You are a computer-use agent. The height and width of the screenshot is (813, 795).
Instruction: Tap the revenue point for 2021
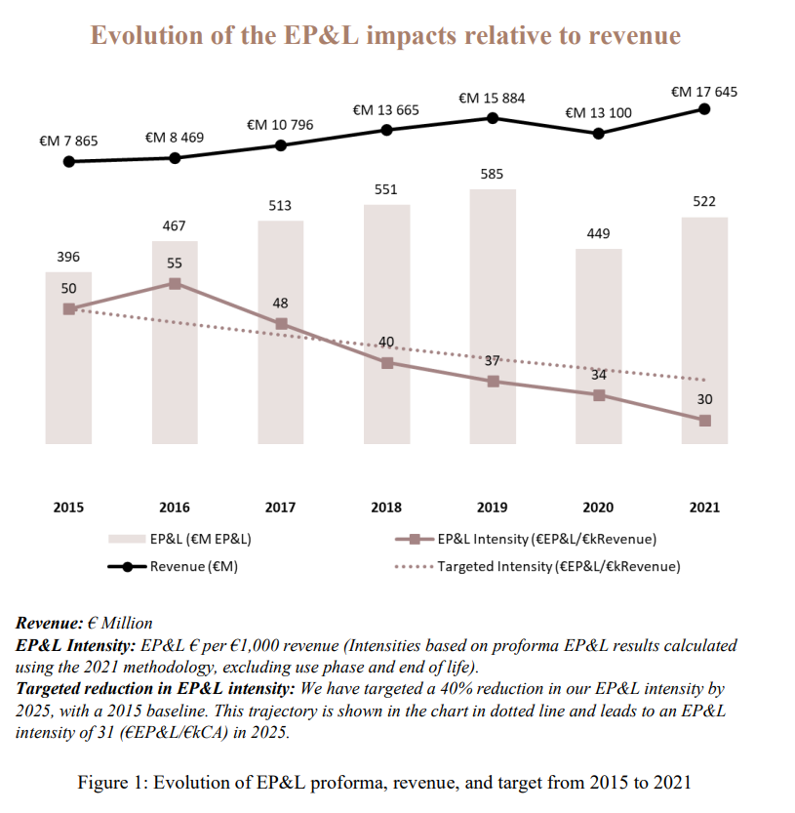click(704, 108)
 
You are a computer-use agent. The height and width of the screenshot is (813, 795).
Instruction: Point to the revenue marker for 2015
click(68, 161)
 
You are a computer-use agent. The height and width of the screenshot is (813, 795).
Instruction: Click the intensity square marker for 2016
click(175, 283)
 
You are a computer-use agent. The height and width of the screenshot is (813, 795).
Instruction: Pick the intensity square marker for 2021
click(704, 421)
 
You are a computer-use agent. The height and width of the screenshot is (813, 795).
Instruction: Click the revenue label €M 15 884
click(492, 98)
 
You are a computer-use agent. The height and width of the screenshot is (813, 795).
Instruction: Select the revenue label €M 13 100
click(598, 113)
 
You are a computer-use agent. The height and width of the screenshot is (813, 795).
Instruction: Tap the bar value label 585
click(492, 174)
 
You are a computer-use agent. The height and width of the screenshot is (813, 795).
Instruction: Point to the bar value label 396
click(68, 257)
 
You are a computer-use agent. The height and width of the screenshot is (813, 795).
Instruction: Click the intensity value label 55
click(175, 264)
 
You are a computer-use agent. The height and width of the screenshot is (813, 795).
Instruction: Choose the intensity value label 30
click(704, 399)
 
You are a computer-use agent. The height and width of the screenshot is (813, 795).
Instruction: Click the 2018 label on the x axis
click(386, 508)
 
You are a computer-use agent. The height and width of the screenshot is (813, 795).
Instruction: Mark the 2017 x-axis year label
click(280, 508)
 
